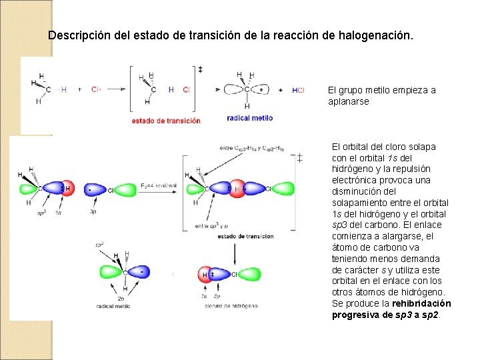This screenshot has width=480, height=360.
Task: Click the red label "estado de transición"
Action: click(x=166, y=121)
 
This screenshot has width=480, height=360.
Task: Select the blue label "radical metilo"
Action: click(x=250, y=117)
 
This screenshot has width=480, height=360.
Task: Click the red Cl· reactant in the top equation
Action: click(x=95, y=89)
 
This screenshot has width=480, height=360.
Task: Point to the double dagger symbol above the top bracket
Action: click(x=200, y=69)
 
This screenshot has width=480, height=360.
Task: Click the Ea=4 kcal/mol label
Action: click(x=159, y=185)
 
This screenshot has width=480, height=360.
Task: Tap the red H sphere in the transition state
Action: click(x=237, y=189)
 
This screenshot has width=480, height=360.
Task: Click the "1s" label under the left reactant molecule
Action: click(x=58, y=213)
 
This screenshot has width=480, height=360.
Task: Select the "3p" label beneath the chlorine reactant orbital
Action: click(x=94, y=213)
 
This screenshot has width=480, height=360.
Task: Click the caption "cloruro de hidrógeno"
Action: click(x=229, y=305)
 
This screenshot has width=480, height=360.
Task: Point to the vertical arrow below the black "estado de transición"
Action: click(x=234, y=252)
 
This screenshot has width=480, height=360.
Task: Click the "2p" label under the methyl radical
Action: click(x=121, y=298)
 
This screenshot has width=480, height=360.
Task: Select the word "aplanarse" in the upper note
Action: click(x=348, y=101)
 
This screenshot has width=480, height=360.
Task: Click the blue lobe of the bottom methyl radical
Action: click(x=140, y=272)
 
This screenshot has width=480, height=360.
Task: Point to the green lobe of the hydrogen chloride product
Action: click(x=247, y=273)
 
